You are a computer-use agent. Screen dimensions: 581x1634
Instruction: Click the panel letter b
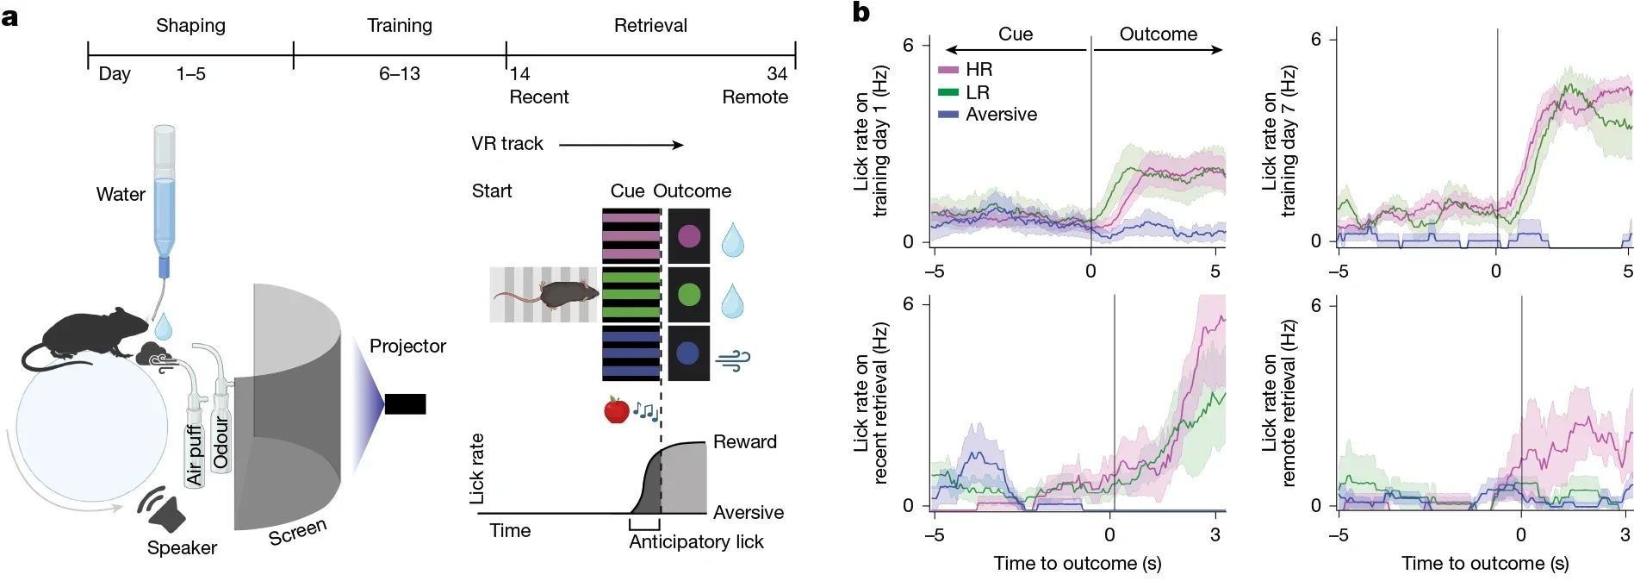pos(860,13)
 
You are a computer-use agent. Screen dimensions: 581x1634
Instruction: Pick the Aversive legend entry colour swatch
pos(948,115)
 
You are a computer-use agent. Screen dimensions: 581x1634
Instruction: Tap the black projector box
pos(405,403)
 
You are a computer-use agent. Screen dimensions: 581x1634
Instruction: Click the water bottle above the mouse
pos(164,194)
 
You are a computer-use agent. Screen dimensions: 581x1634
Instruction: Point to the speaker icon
pos(164,509)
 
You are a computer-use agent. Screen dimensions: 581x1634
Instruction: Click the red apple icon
pos(616,409)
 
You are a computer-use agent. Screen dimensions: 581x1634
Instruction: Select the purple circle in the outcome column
pos(689,236)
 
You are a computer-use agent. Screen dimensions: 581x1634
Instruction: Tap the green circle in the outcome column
pos(689,295)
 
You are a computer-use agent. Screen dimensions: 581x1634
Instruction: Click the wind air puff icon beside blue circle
pos(733,359)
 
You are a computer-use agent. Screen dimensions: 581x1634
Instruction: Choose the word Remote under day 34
pos(755,97)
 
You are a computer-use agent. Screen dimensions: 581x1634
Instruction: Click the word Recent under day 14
pos(538,97)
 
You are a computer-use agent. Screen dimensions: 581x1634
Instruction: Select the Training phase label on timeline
pos(400,26)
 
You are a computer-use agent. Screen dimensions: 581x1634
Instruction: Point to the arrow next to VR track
pos(621,145)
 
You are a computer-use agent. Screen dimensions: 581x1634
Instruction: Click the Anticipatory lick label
pos(696,542)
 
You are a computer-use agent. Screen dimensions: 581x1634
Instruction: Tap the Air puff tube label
pos(195,453)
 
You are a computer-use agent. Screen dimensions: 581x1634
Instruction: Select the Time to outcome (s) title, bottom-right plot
pos(1484,564)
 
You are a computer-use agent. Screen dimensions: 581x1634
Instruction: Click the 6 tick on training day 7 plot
pos(1315,40)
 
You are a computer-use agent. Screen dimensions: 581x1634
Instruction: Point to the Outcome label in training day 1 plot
pos(1158,34)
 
